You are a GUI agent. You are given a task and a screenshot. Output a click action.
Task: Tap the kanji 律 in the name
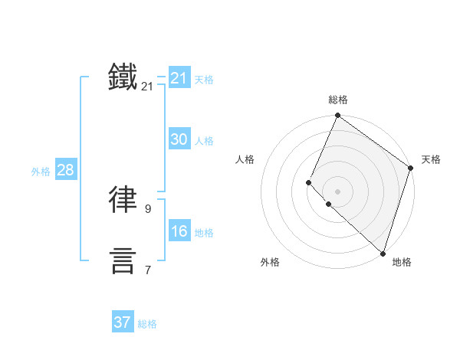click(123, 199)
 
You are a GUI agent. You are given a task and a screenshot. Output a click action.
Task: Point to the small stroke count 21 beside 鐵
click(147, 87)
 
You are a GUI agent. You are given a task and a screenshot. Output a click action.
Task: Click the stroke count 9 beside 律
click(147, 208)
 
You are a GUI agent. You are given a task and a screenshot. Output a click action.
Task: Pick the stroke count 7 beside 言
click(147, 270)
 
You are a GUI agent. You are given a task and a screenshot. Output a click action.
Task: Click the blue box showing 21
click(179, 78)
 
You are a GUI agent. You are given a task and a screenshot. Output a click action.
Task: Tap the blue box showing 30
click(179, 139)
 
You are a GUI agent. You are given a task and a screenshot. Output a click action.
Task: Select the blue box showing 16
click(179, 231)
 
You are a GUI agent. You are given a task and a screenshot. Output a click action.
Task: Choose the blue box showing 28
click(65, 170)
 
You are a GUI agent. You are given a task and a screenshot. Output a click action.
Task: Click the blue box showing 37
click(123, 322)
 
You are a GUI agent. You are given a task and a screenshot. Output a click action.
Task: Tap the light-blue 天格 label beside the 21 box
click(204, 80)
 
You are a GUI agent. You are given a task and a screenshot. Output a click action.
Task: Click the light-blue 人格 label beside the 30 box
click(204, 141)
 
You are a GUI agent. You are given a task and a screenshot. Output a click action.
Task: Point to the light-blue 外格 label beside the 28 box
click(41, 172)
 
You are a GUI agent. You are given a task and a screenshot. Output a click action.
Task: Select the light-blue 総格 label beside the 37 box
click(147, 324)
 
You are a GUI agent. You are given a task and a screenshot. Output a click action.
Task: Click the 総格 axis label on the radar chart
click(337, 100)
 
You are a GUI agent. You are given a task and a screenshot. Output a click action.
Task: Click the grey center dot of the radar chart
click(337, 191)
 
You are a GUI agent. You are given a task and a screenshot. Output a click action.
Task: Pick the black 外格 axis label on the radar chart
click(270, 263)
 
